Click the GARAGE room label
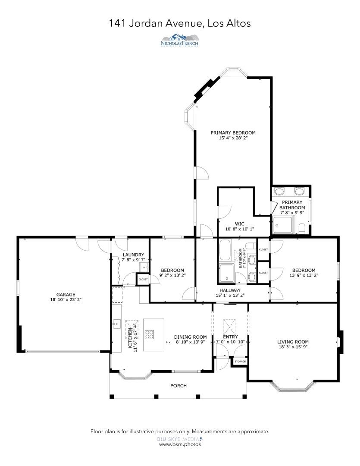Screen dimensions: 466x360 66,295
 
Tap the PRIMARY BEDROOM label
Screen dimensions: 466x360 233,132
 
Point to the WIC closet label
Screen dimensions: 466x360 240,224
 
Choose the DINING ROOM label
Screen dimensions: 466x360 190,337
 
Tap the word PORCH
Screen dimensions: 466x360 178,386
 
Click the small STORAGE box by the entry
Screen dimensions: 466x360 240,361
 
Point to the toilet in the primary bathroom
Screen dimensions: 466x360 302,228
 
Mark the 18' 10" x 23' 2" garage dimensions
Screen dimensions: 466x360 66,300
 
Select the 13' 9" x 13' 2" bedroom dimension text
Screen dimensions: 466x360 304,275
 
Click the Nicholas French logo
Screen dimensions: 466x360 180,40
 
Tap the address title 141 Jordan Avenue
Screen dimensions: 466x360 180,23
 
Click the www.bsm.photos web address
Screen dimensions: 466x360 180,444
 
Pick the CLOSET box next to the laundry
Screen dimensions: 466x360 143,280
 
